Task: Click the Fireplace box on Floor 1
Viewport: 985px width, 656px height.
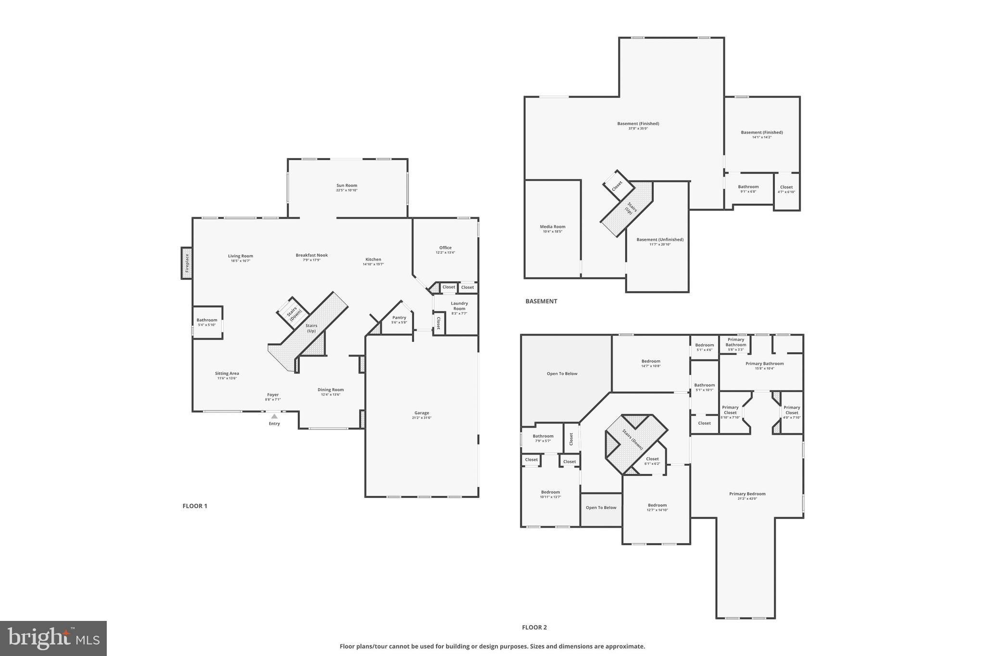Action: (187, 263)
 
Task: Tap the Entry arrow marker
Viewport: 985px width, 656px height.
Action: (274, 416)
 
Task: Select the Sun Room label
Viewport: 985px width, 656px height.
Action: (346, 186)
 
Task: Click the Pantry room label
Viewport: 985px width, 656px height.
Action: (399, 318)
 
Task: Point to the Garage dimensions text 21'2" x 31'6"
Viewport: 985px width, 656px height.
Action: (422, 418)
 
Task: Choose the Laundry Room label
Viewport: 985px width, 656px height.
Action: (459, 306)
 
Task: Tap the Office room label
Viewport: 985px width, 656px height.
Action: (445, 248)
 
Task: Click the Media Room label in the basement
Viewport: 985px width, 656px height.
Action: (553, 227)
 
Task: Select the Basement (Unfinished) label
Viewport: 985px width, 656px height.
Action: (660, 240)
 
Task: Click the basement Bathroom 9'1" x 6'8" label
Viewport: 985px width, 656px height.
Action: (748, 187)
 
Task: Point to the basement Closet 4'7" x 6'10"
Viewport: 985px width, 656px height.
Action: (786, 189)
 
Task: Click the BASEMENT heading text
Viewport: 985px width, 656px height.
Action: (541, 301)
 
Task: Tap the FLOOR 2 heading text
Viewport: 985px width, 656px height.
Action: (534, 627)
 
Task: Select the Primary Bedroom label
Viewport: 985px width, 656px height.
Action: (747, 494)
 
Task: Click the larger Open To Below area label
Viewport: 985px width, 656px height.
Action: (562, 373)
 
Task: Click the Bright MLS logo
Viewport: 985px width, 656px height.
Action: (53, 638)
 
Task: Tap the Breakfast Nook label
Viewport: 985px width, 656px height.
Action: (312, 256)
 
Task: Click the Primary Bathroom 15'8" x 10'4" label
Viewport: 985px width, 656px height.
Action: (764, 364)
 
